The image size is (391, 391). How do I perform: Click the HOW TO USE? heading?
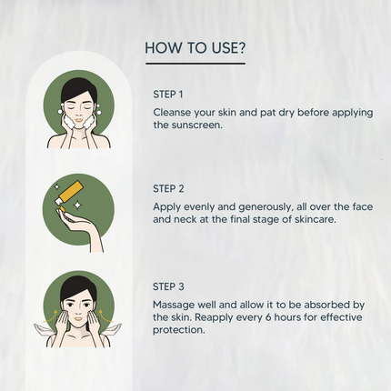coord(195,48)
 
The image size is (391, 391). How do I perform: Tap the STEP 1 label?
coord(168,95)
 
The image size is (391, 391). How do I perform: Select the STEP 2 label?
coord(168,188)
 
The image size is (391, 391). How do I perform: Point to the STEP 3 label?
coord(168,286)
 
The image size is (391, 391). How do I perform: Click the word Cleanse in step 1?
coord(172,113)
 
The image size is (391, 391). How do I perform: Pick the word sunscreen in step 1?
coord(197,125)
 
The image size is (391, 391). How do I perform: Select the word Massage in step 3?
coord(174,305)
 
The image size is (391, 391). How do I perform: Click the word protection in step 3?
coord(179,330)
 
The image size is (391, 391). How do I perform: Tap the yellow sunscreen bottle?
coord(68,194)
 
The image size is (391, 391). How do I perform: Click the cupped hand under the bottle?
coord(81,229)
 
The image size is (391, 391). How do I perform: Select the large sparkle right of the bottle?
coord(78,206)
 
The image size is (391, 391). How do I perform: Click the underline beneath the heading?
coord(195,64)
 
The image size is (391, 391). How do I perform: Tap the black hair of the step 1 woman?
coord(78,88)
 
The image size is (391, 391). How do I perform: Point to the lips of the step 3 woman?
coord(78,318)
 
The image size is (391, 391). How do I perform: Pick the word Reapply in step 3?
coord(214,317)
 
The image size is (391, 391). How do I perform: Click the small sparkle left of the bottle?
coord(56,186)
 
